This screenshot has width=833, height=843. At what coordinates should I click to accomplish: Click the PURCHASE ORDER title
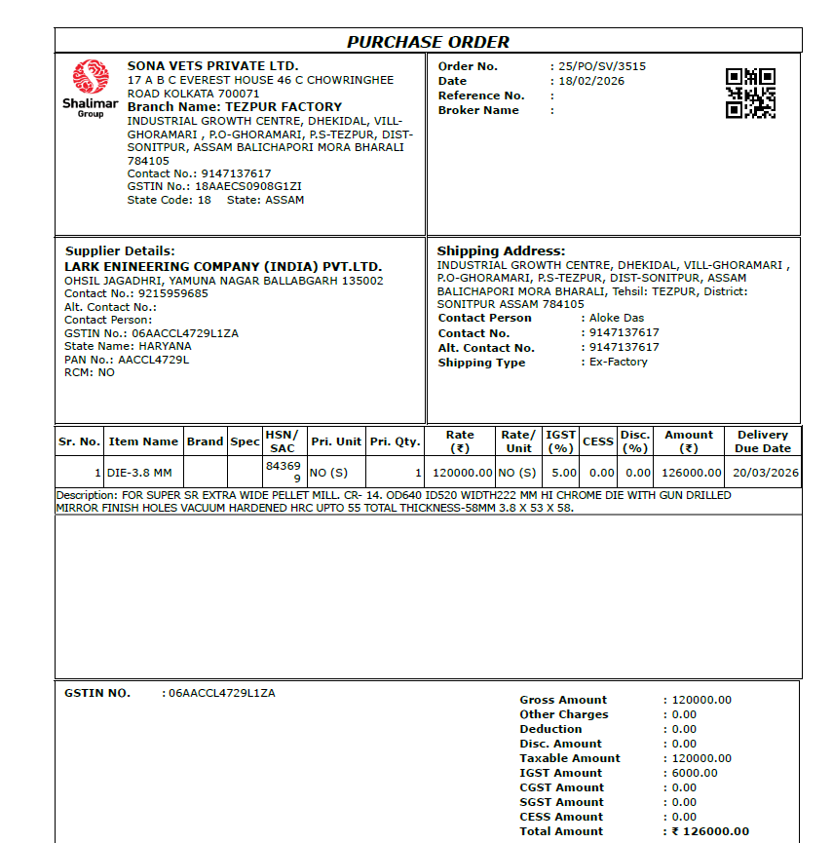(x=428, y=42)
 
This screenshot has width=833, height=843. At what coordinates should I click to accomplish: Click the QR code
(x=750, y=94)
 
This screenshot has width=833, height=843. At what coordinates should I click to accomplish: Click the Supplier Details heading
(x=120, y=250)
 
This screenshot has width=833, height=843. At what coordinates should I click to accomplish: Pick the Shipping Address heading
(x=501, y=250)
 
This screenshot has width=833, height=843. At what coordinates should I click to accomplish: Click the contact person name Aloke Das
(x=617, y=318)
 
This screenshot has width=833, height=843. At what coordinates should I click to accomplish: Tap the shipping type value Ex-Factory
(x=619, y=362)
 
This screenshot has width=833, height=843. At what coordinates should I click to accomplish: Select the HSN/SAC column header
(x=283, y=441)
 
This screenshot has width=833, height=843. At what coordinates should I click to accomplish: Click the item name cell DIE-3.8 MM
(x=139, y=473)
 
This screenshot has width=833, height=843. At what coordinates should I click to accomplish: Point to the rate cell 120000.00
(x=460, y=473)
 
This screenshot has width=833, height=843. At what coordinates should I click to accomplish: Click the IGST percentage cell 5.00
(x=564, y=473)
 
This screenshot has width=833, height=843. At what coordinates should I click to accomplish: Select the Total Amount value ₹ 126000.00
(x=710, y=831)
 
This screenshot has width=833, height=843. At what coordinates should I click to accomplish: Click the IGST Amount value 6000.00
(x=695, y=773)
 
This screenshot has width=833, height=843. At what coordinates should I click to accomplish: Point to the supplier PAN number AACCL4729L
(x=154, y=360)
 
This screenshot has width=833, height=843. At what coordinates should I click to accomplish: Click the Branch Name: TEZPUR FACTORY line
(x=235, y=107)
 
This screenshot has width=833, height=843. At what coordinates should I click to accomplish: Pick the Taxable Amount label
(x=570, y=758)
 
